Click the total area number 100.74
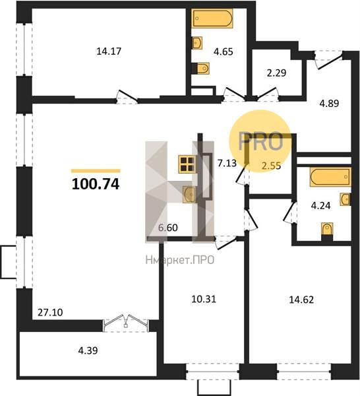click(x=96, y=184)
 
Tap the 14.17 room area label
click(x=109, y=51)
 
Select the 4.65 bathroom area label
click(x=224, y=51)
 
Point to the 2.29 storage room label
click(x=276, y=73)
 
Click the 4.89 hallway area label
click(x=329, y=104)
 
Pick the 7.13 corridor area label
click(x=227, y=163)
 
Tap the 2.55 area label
click(x=271, y=166)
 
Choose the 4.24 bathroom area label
click(x=320, y=205)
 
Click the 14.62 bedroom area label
click(x=301, y=300)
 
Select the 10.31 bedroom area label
click(x=204, y=299)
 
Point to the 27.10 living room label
click(x=50, y=312)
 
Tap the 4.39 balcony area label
click(x=88, y=350)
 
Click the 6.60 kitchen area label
click(x=167, y=228)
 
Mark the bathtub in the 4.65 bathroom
click(x=213, y=18)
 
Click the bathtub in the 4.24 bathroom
click(x=330, y=177)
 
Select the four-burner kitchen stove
click(x=187, y=164)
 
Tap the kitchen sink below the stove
click(x=189, y=194)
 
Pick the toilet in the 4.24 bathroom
click(x=327, y=230)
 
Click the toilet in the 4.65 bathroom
click(x=202, y=68)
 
